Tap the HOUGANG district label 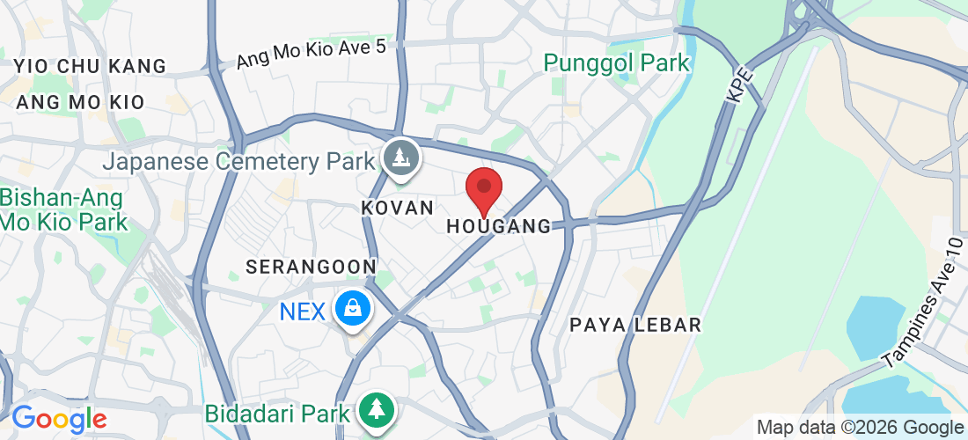click(x=498, y=226)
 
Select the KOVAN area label click(x=398, y=208)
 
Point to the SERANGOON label click(x=312, y=266)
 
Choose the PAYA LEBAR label click(x=635, y=325)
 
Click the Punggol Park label click(x=617, y=62)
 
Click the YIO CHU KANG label click(x=91, y=66)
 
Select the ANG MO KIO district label click(x=80, y=102)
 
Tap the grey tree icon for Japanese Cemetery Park click(x=401, y=158)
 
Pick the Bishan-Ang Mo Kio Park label click(x=63, y=209)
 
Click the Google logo click(x=59, y=419)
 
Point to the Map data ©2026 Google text click(x=861, y=428)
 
